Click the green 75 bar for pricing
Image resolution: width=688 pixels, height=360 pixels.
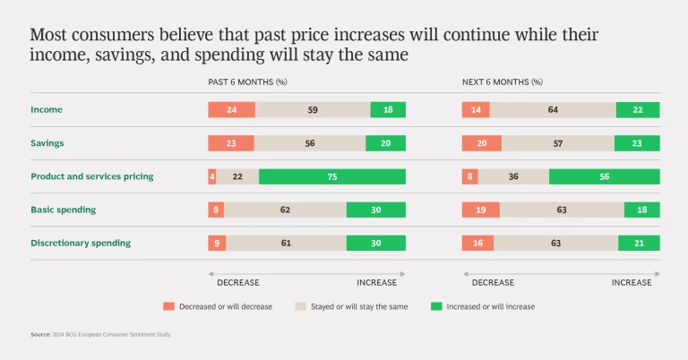pos(331,176)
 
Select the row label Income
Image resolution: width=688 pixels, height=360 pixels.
pos(46,109)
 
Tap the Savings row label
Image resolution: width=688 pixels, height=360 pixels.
pos(47,143)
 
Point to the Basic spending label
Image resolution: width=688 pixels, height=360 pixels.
pos(63,210)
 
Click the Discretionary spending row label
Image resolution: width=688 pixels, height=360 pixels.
pos(81,243)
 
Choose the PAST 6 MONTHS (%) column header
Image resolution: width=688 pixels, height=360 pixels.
pos(249,81)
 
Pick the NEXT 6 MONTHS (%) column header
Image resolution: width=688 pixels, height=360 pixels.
pos(502,81)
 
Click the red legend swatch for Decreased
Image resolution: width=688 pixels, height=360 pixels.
pos(168,306)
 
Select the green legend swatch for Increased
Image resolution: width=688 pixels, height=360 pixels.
pos(436,306)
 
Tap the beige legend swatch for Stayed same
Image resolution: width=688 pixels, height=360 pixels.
pos(300,306)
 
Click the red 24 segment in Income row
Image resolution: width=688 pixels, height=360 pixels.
pos(231,110)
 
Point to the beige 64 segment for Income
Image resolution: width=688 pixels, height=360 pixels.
pos(553,110)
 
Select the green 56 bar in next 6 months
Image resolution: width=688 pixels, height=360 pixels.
pos(604,176)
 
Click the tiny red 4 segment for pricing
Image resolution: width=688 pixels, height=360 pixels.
pos(212,176)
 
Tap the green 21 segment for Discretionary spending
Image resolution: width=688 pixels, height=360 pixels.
pos(639,243)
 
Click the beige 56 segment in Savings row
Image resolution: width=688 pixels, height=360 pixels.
pos(309,143)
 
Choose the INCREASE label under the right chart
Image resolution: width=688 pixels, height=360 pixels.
pos(632,282)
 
